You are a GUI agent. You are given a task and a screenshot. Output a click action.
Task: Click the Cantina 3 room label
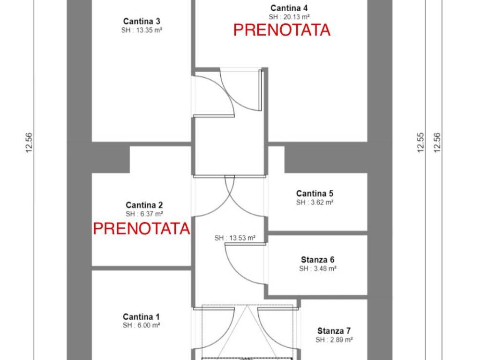[x=142, y=22]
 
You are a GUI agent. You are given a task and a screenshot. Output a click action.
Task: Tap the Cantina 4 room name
[x=289, y=8]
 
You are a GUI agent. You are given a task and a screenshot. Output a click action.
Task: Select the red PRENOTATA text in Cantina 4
[x=282, y=30]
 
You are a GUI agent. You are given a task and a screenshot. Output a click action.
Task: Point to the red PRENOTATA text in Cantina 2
[x=142, y=229]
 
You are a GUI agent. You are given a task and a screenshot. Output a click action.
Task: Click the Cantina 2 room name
[x=144, y=205]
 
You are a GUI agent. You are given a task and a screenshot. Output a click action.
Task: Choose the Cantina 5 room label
[x=315, y=194]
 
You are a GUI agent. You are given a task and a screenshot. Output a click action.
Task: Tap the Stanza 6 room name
[x=318, y=260]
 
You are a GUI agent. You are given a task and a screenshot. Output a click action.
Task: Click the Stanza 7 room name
[x=334, y=331]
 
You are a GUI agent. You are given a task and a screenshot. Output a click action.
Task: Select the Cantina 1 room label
[x=141, y=316]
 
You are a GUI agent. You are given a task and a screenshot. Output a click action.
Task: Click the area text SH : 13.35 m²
[x=142, y=30]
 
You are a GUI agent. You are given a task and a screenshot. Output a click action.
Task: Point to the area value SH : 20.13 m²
[x=289, y=17]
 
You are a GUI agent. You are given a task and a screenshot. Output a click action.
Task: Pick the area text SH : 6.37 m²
[x=144, y=214]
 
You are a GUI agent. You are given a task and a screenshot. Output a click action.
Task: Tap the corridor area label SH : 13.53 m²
[x=235, y=238]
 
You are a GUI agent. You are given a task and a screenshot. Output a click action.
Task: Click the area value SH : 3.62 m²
[x=315, y=202]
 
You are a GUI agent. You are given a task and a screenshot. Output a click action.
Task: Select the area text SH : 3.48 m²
[x=318, y=269]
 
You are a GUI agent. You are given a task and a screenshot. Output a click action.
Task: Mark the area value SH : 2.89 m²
[x=334, y=340]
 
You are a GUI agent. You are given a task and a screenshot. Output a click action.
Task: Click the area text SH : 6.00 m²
[x=141, y=325]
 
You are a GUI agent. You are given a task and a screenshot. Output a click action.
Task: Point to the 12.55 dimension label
[x=420, y=142]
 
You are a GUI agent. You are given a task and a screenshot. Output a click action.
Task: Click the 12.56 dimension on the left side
[x=29, y=142]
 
